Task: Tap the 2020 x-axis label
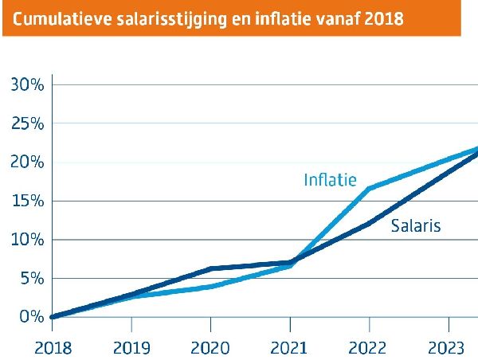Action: click(x=210, y=347)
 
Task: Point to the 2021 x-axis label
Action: click(x=290, y=347)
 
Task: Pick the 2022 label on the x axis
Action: click(x=370, y=347)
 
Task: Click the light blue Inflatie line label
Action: click(x=330, y=180)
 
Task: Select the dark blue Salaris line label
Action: click(x=415, y=226)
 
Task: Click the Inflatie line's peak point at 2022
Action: click(x=370, y=189)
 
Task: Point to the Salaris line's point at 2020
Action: click(x=210, y=268)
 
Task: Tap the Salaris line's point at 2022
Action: click(x=370, y=223)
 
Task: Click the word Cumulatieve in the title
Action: click(x=63, y=18)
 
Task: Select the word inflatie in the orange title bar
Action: click(x=284, y=18)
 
